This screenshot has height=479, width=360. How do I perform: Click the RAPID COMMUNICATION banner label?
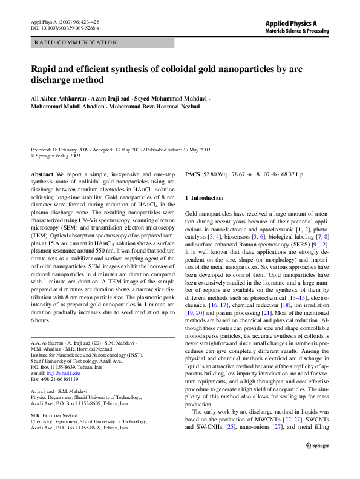(76, 42)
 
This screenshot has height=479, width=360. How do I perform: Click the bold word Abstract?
(41, 174)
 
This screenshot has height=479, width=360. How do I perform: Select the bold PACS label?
(192, 174)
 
